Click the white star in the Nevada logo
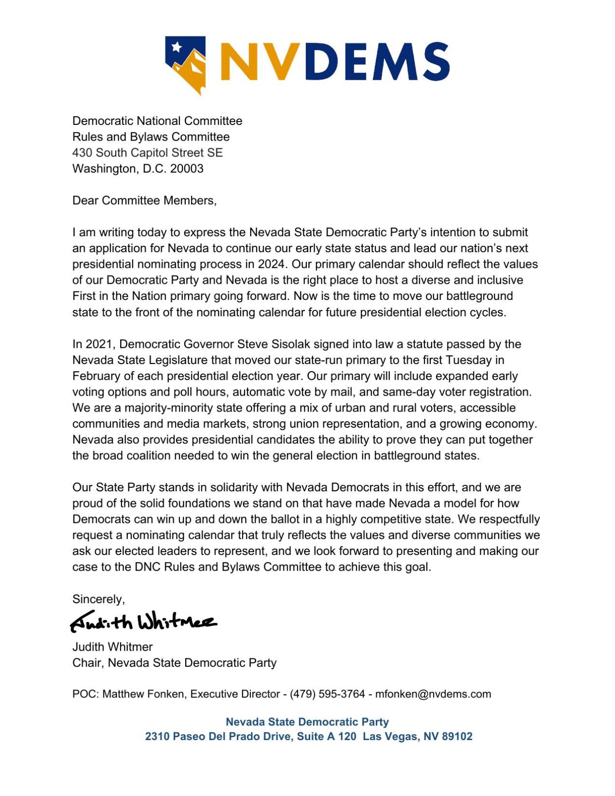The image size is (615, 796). (177, 47)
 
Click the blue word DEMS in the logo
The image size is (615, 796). (377, 61)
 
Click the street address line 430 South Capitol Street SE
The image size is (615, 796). (147, 153)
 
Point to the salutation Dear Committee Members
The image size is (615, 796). (144, 200)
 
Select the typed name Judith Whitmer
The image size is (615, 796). (112, 647)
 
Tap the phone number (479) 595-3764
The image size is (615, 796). (327, 694)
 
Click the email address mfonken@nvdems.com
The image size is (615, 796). (433, 694)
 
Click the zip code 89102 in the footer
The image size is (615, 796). (457, 736)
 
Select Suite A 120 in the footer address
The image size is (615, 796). (326, 736)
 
